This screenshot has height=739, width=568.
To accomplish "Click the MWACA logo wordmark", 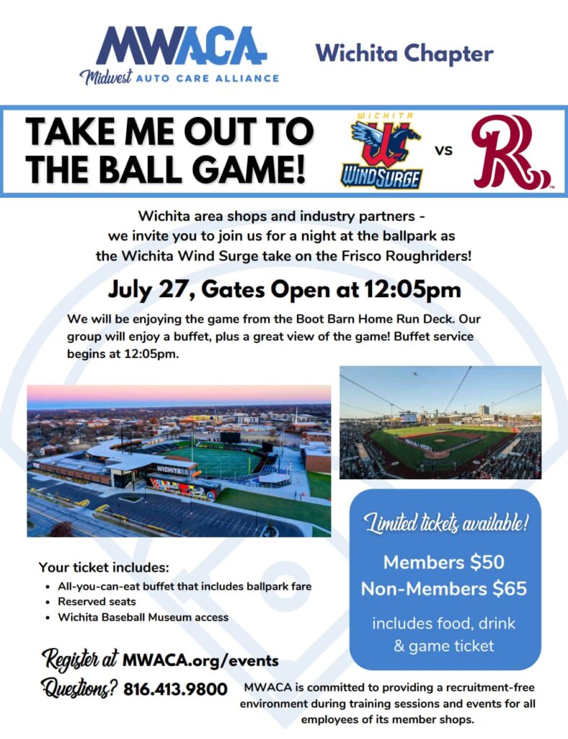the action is coord(181,45).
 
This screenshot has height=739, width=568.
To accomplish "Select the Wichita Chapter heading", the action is coord(404,53).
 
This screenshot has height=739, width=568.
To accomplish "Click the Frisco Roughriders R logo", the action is coord(511,152).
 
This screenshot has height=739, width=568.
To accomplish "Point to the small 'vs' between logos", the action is coord(443,151).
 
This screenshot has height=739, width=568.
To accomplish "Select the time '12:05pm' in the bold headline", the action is coord(412,289).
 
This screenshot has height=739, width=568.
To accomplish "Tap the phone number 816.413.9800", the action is coord(176,689).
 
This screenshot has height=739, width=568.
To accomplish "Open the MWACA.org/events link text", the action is coord(200,661).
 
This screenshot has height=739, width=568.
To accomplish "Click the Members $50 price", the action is coord(444,561).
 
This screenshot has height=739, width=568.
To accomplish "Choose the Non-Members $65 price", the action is coord(444,589).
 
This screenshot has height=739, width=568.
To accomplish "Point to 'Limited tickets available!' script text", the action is coord(445,523).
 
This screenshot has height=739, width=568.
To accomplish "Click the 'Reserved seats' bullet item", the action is coord(97,601).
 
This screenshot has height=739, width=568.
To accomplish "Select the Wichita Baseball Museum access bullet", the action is coord(143,618).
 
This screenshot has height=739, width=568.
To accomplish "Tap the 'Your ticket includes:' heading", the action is coord(104,567).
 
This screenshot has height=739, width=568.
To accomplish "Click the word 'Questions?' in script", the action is coord(79,689).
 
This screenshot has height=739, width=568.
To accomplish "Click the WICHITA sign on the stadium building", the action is coord(169,470).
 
